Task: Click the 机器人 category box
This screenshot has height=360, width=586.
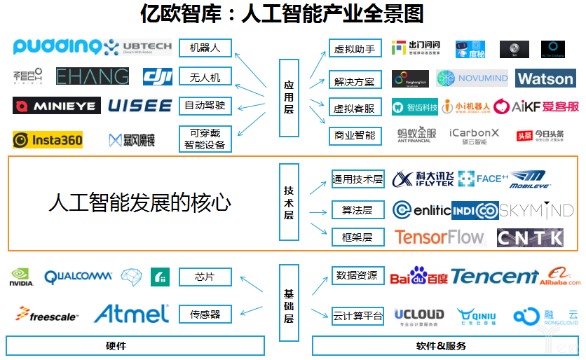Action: coord(205,48)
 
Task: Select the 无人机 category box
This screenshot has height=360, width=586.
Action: coord(205,77)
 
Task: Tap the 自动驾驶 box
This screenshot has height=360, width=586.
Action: coord(205,106)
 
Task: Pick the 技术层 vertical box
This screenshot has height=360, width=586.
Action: coord(289,202)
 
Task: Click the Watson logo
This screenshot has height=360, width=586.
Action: coord(545,78)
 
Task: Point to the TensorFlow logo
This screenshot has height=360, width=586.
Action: coord(440,237)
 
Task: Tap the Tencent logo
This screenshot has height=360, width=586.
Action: coord(495,277)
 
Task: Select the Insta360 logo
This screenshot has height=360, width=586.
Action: coord(48,140)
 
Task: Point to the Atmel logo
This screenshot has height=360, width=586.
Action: coord(131,313)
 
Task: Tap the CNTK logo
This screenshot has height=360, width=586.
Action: coord(530,237)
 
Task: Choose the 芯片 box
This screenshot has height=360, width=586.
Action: coord(205,277)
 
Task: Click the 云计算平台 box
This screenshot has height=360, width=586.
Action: coord(357,317)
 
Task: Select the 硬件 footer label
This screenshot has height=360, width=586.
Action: coord(135,346)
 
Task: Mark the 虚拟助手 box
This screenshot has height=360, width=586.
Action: coord(355,48)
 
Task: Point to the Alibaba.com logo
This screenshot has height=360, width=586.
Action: coord(559,277)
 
